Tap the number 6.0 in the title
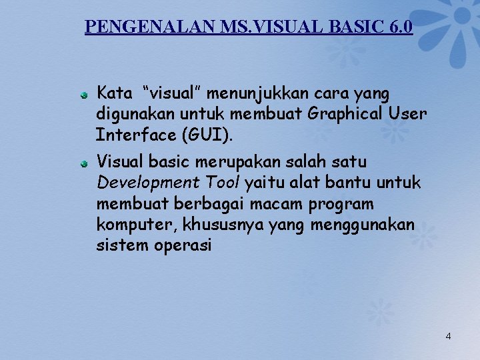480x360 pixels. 399,27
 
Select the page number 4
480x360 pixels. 448,336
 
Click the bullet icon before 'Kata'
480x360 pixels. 84,96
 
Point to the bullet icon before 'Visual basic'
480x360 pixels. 84,163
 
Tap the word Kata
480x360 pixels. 115,93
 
